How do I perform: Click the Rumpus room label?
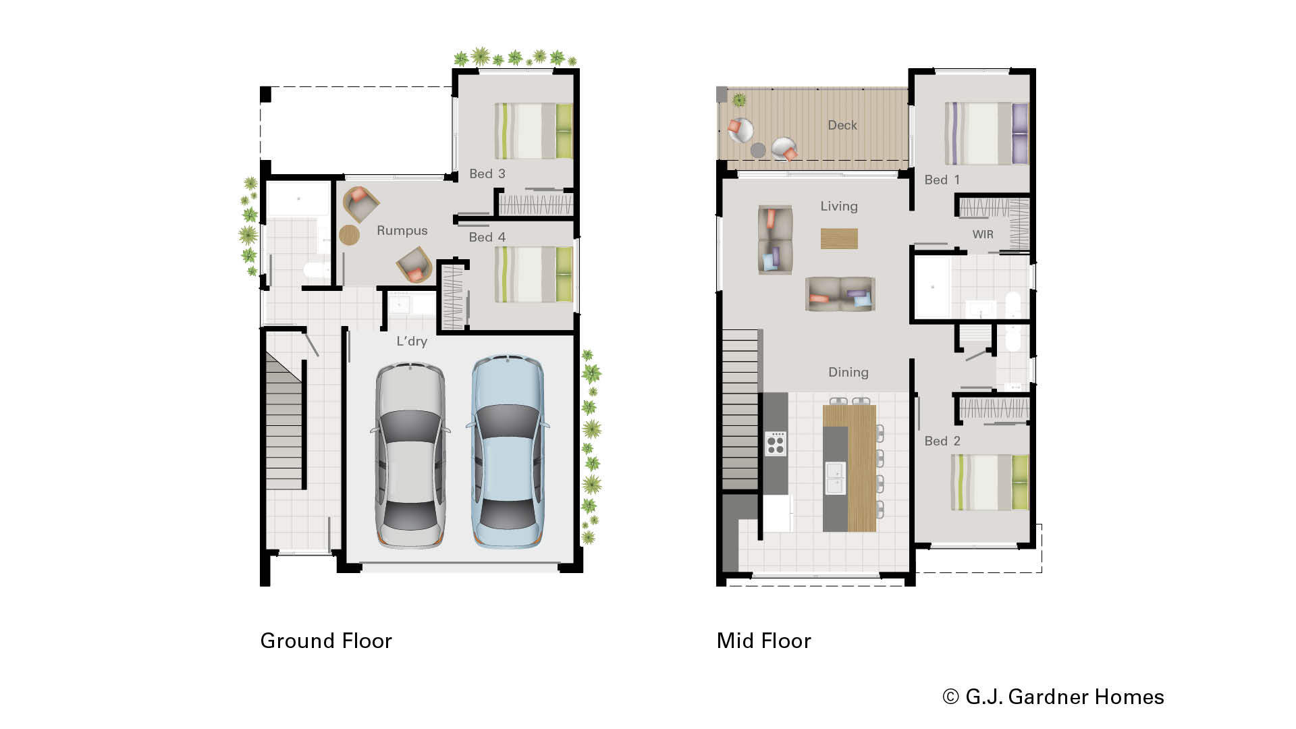[402, 231]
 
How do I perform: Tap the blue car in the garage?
[507, 451]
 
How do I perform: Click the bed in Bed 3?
[533, 131]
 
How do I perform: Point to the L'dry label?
[411, 342]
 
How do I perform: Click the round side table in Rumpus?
[349, 235]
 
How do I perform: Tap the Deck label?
[842, 126]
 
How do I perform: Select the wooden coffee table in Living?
[839, 239]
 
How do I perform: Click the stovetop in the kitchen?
[776, 443]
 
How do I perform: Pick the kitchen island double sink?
[835, 478]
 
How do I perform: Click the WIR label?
[982, 235]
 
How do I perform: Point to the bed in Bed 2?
[990, 483]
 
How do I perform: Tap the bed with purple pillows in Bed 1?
[986, 134]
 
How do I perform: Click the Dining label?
[848, 373]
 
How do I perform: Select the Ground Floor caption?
[326, 641]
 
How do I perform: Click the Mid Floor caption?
[763, 641]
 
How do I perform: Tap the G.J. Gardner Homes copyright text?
[1053, 697]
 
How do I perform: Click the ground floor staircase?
[283, 425]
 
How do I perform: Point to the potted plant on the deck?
[739, 101]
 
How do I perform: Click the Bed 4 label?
[487, 238]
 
